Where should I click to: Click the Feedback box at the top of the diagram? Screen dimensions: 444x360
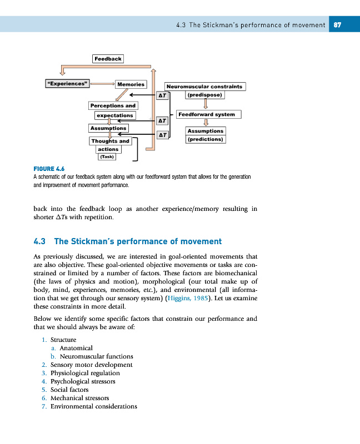(108, 58)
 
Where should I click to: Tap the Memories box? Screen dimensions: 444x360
(131, 84)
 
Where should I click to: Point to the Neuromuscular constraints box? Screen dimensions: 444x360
(205, 87)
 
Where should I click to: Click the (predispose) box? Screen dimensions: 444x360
(205, 95)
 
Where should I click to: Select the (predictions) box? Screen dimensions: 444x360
(205, 139)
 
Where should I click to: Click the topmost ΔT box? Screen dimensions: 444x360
(162, 95)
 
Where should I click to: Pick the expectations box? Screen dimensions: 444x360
(115, 115)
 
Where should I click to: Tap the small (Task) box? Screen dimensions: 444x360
(107, 157)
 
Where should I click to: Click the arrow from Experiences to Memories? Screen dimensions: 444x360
(102, 84)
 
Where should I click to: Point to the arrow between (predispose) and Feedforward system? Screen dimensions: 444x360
(206, 104)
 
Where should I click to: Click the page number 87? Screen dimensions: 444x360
(337, 24)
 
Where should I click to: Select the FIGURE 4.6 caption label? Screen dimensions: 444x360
(49, 169)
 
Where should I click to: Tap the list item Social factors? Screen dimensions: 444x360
(69, 390)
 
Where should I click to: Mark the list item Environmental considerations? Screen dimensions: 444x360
(93, 406)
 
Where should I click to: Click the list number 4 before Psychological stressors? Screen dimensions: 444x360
(43, 381)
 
